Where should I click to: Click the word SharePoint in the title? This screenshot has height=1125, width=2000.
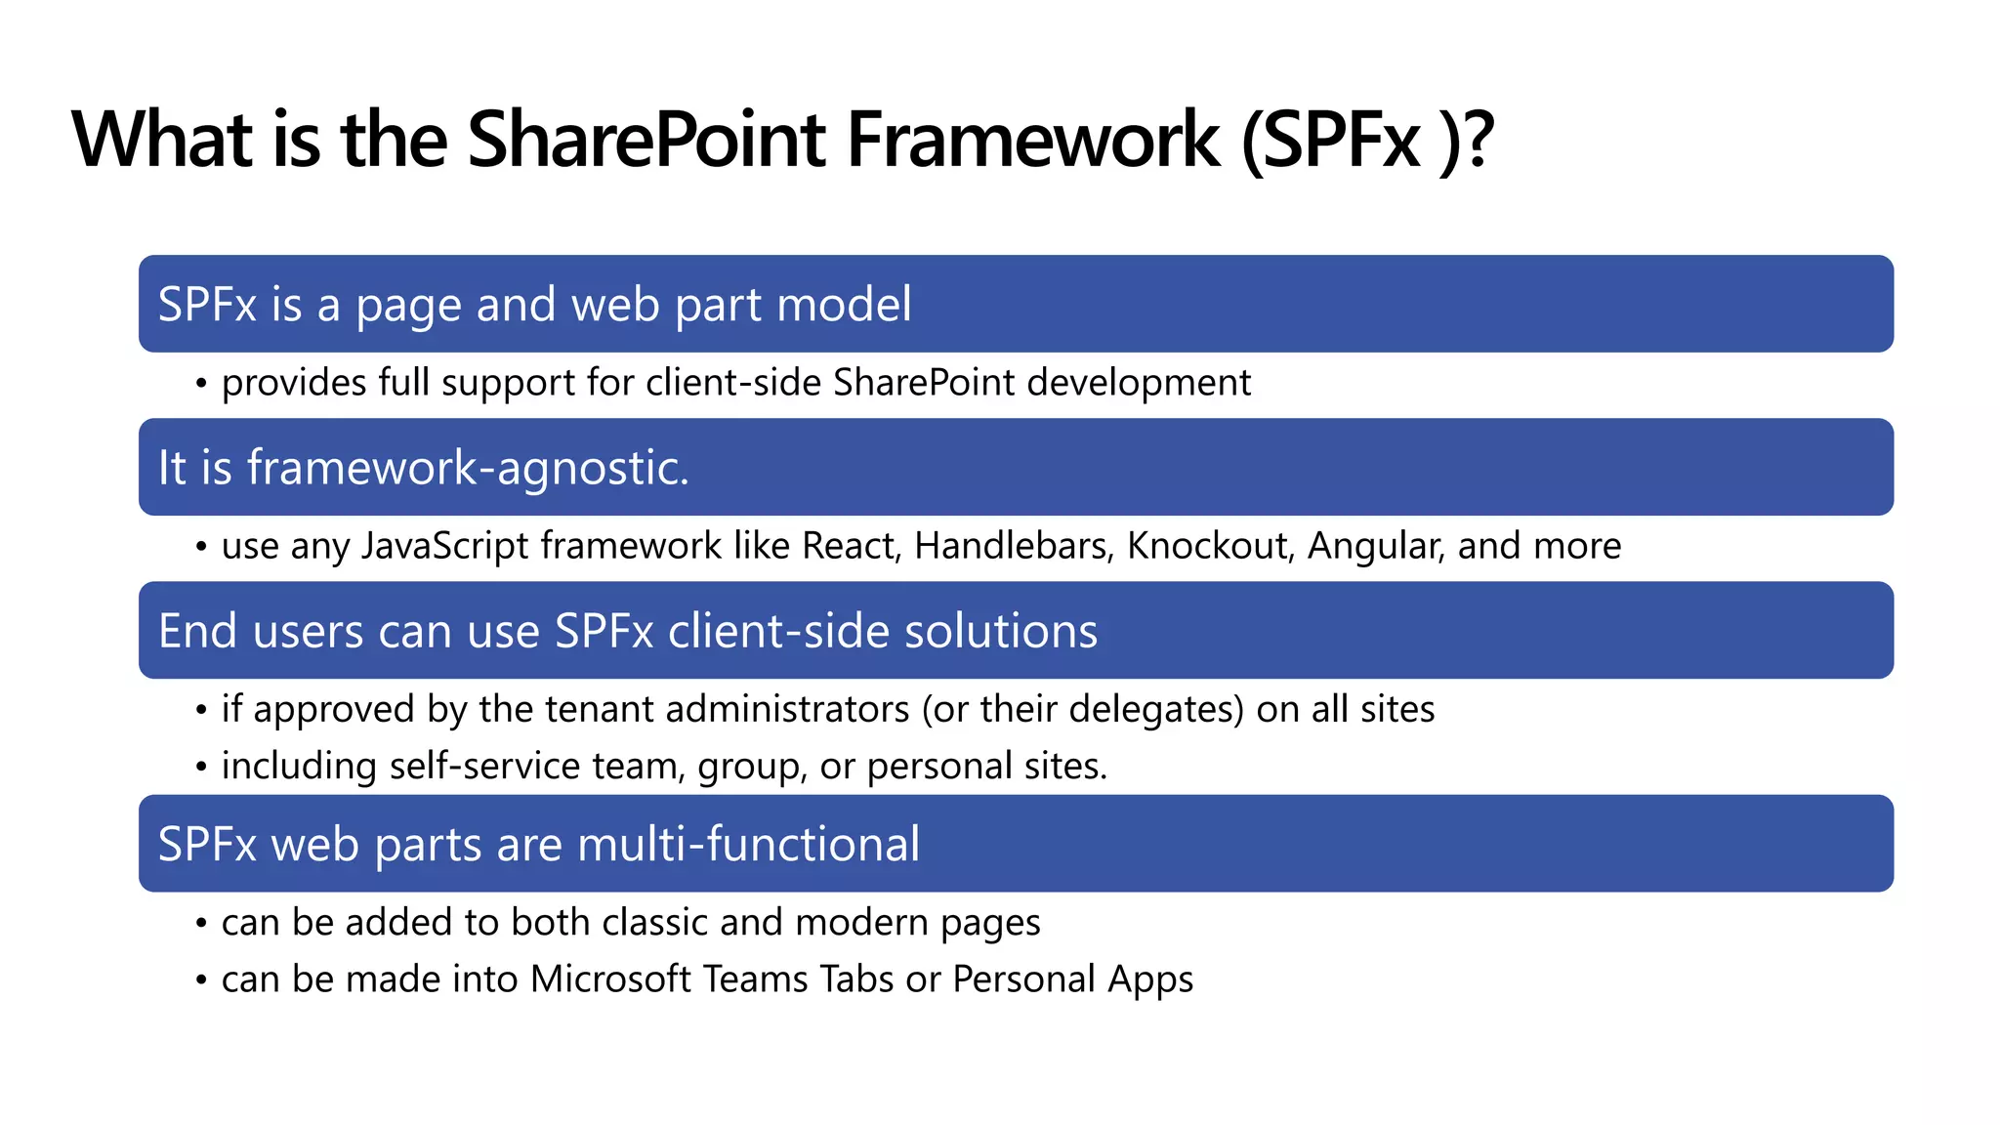click(x=646, y=140)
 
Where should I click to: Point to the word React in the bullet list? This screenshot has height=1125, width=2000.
click(x=849, y=546)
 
